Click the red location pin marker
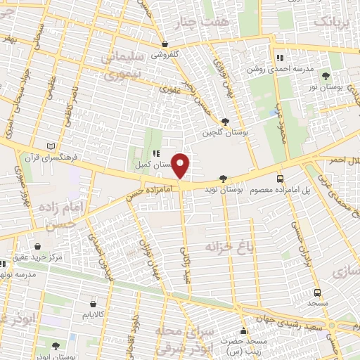click(181, 165)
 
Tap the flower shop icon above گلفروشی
click(165, 44)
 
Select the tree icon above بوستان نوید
click(224, 179)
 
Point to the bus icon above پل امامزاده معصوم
click(281, 179)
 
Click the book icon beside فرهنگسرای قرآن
click(49, 146)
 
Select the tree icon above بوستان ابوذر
click(56, 345)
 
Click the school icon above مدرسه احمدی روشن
click(280, 58)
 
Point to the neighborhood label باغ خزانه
click(228, 247)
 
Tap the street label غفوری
click(169, 89)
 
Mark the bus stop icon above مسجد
click(317, 292)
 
